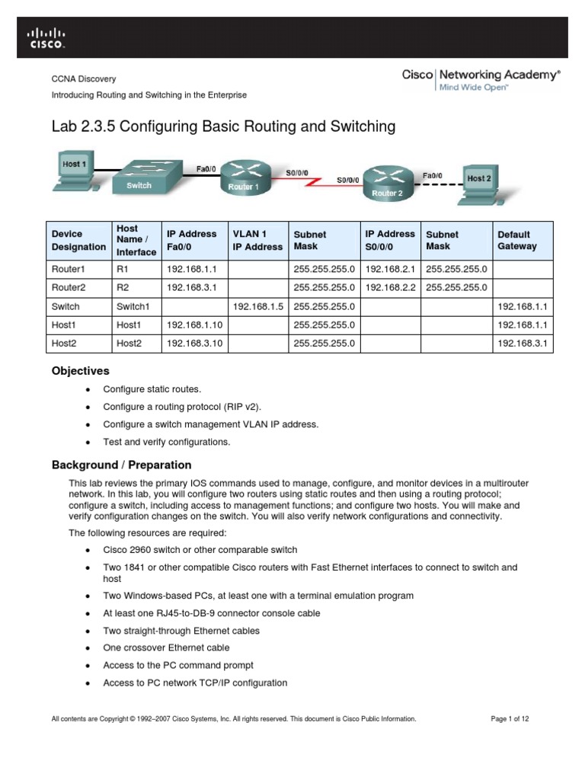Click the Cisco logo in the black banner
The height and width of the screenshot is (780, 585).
click(47, 38)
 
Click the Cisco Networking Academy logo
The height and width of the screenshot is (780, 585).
click(481, 79)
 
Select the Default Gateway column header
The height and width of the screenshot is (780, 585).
click(517, 240)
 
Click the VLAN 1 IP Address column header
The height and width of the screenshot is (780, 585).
click(257, 240)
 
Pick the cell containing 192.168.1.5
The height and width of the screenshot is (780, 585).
click(257, 306)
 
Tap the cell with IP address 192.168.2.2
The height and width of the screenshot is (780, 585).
click(390, 287)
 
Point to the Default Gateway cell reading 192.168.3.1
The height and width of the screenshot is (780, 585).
click(525, 344)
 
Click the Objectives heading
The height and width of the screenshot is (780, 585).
click(80, 371)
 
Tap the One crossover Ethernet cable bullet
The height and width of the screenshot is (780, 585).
click(166, 648)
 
